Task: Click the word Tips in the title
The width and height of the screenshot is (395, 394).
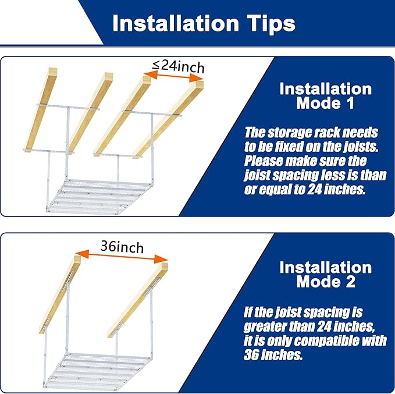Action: [x=271, y=24]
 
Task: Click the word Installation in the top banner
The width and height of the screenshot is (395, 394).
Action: [x=176, y=23]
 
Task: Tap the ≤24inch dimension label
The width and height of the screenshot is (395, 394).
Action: [x=178, y=66]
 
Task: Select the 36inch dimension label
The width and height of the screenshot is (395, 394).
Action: [x=122, y=247]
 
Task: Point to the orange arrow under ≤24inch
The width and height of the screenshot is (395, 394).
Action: [x=173, y=76]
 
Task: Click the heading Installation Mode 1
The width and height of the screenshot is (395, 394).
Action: [x=325, y=96]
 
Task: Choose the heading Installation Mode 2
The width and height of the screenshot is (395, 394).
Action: [x=325, y=274]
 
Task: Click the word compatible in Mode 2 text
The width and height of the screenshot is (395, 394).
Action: [x=327, y=340]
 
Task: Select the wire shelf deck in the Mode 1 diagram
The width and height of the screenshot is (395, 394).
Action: [x=98, y=197]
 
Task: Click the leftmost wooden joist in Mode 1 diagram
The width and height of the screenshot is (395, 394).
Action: [x=41, y=109]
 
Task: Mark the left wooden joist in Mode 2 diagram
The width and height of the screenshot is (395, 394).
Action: [x=60, y=294]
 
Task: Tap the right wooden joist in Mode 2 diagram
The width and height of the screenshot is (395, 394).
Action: [x=138, y=300]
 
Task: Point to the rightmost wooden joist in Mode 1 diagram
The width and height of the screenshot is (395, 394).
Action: [x=168, y=119]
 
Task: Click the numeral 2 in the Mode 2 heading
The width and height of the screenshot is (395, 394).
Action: [x=350, y=282]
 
